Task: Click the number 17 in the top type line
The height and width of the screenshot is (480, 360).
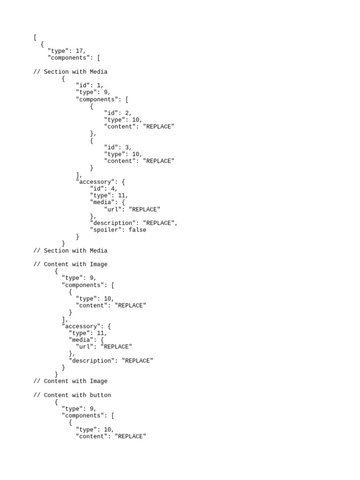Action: pos(79,51)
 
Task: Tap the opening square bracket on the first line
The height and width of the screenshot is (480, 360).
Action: pos(35,37)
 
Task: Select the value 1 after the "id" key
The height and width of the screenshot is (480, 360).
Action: pos(99,85)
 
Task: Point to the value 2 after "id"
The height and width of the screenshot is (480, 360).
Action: pos(127,113)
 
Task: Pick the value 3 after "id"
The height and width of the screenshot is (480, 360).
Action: pos(127,147)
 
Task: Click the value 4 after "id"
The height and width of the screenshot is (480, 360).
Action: pos(113,188)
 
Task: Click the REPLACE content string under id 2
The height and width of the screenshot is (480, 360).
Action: pos(158,127)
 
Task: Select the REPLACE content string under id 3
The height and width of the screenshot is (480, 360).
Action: pos(158,161)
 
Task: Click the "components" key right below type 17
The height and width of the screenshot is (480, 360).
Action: pos(69,58)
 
